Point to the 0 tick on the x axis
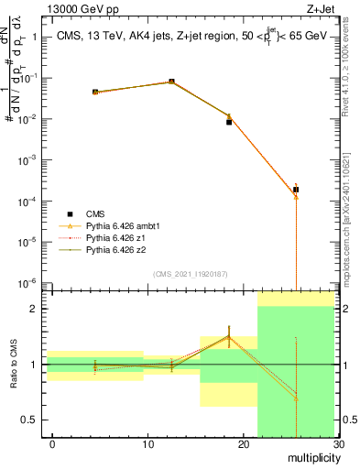[x=52, y=444]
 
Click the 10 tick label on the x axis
[x=147, y=444]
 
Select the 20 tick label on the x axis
[x=242, y=444]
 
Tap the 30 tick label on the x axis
[x=336, y=444]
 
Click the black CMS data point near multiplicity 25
[x=296, y=190]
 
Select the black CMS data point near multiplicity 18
[x=229, y=122]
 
